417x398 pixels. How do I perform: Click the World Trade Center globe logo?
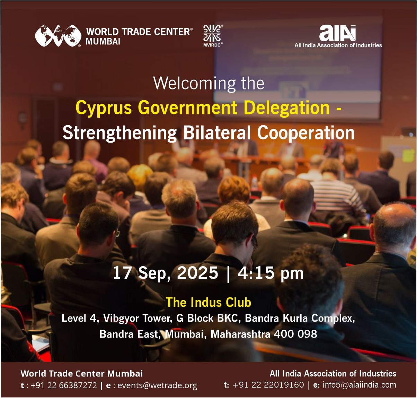pos(58,35)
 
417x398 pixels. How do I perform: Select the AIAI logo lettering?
pos(337,33)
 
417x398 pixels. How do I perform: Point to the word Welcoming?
pos(194,83)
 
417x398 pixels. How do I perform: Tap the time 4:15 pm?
pos(270,273)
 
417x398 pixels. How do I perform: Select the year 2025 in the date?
pos(197,273)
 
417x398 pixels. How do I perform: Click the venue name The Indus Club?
pos(208,302)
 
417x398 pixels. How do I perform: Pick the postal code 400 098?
pos(295,334)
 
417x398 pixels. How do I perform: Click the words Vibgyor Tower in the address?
pos(137,318)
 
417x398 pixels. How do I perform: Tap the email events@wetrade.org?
pos(157,385)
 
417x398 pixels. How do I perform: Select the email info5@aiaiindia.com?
pos(359,385)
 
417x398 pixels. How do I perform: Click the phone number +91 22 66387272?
pos(64,385)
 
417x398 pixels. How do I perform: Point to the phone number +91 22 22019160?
pos(268,385)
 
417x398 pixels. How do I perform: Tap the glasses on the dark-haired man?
pos(117,233)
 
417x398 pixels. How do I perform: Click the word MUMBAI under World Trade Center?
pos(103,41)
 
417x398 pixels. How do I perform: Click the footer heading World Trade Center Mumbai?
pos(82,373)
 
